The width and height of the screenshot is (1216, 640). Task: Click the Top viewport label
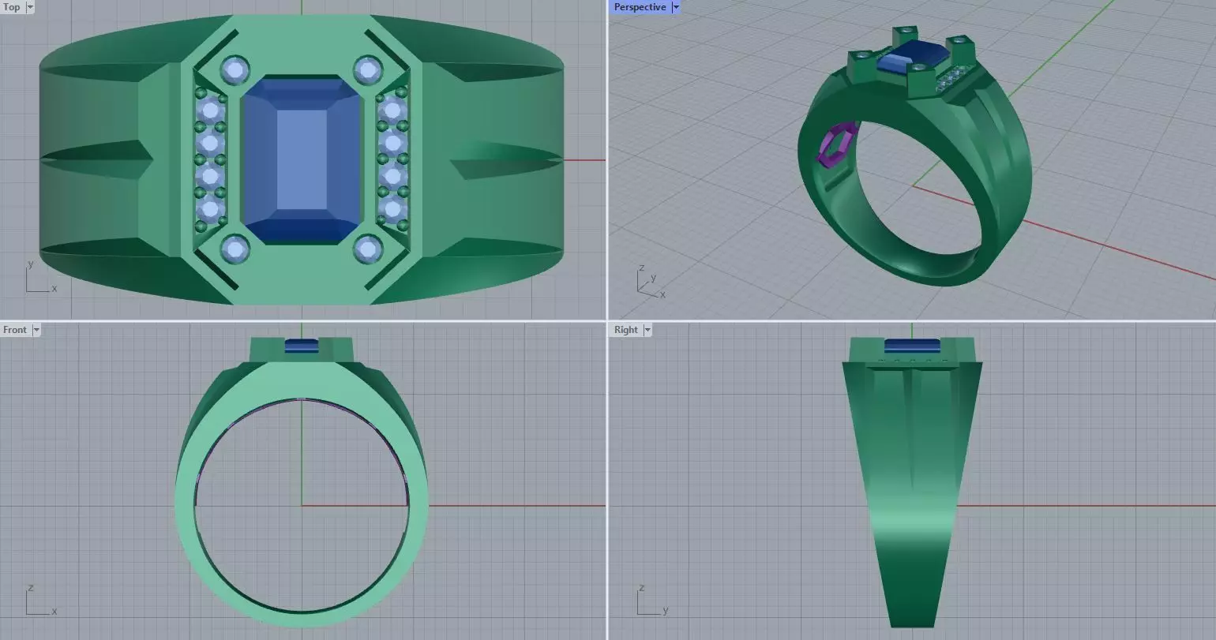(x=12, y=7)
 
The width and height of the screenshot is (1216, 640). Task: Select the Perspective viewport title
(x=640, y=7)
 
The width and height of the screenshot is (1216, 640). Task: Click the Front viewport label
(x=14, y=330)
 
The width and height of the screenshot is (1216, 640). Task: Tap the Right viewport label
(x=625, y=330)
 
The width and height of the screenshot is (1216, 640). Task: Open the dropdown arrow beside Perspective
(x=676, y=7)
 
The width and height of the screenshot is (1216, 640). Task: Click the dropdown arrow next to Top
(x=30, y=7)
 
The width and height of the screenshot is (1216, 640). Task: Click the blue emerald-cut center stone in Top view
(x=302, y=160)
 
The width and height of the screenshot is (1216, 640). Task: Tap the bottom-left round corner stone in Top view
(x=235, y=249)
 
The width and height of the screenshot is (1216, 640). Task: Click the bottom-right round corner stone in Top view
(x=368, y=249)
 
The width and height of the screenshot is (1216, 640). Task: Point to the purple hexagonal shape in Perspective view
(x=837, y=146)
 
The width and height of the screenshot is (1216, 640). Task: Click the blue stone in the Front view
(x=301, y=345)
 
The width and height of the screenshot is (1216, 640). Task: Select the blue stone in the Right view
(x=912, y=345)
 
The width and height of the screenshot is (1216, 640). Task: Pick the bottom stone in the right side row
(x=392, y=209)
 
